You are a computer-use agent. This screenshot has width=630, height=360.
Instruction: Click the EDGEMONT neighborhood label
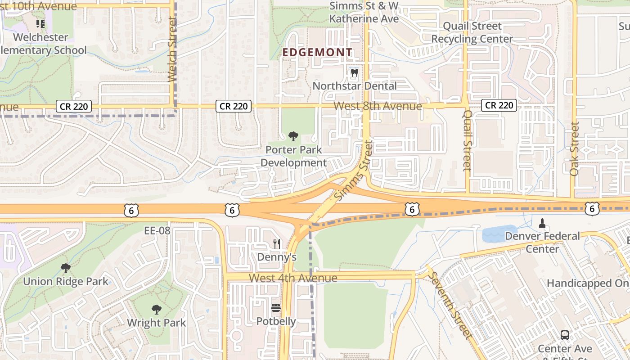[x=317, y=52]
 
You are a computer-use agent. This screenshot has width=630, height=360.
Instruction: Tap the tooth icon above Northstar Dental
[x=354, y=72]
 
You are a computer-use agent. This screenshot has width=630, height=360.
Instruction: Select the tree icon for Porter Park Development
[x=293, y=136]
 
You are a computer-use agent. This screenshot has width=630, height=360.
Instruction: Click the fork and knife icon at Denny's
[x=277, y=244]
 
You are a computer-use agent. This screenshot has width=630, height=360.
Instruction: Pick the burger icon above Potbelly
[x=276, y=308]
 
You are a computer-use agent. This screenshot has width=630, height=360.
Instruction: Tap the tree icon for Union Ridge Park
[x=66, y=268]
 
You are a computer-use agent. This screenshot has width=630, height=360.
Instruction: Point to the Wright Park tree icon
[x=156, y=310]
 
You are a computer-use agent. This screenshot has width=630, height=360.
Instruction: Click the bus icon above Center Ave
[x=564, y=335]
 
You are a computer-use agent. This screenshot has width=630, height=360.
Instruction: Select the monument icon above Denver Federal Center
[x=542, y=222]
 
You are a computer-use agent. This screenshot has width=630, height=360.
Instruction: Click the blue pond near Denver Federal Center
[x=499, y=234]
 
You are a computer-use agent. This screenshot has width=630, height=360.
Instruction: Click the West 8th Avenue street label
[x=378, y=106]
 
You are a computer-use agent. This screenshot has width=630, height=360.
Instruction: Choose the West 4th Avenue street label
[x=293, y=278]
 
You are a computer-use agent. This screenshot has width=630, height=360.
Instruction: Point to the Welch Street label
[x=172, y=49]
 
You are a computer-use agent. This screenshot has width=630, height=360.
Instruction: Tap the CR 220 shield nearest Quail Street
[x=499, y=105]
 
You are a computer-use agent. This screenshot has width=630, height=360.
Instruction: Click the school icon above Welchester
[x=41, y=23]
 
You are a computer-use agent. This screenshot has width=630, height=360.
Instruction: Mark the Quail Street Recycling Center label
[x=472, y=32]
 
